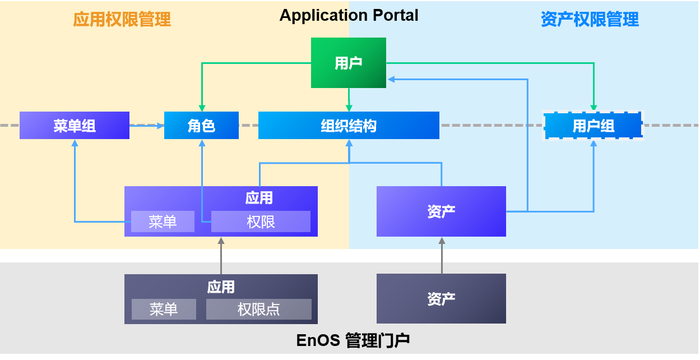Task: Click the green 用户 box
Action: pyautogui.click(x=349, y=63)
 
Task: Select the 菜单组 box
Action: pyautogui.click(x=75, y=126)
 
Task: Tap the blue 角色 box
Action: pyautogui.click(x=201, y=126)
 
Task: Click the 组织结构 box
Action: pyautogui.click(x=349, y=126)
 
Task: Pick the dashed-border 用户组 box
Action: pyautogui.click(x=594, y=126)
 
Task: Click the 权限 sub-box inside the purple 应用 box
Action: pyautogui.click(x=261, y=221)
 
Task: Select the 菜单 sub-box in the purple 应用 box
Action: pyautogui.click(x=163, y=221)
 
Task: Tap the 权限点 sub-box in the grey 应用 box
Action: pyautogui.click(x=258, y=309)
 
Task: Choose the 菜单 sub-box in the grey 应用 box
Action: pyautogui.click(x=164, y=309)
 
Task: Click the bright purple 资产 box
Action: pyautogui.click(x=441, y=211)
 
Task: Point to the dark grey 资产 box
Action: pyautogui.click(x=441, y=299)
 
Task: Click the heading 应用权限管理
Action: pyautogui.click(x=122, y=20)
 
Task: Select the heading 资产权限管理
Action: pyautogui.click(x=590, y=20)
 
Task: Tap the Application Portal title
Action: pyautogui.click(x=349, y=15)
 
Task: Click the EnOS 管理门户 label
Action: pyautogui.click(x=353, y=340)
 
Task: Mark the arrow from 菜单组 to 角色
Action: pyautogui.click(x=146, y=126)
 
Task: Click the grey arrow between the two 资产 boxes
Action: pyautogui.click(x=442, y=255)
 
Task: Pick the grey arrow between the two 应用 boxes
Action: pyautogui.click(x=221, y=256)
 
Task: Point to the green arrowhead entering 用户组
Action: pyautogui.click(x=594, y=107)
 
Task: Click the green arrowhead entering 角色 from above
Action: pyautogui.click(x=202, y=107)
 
